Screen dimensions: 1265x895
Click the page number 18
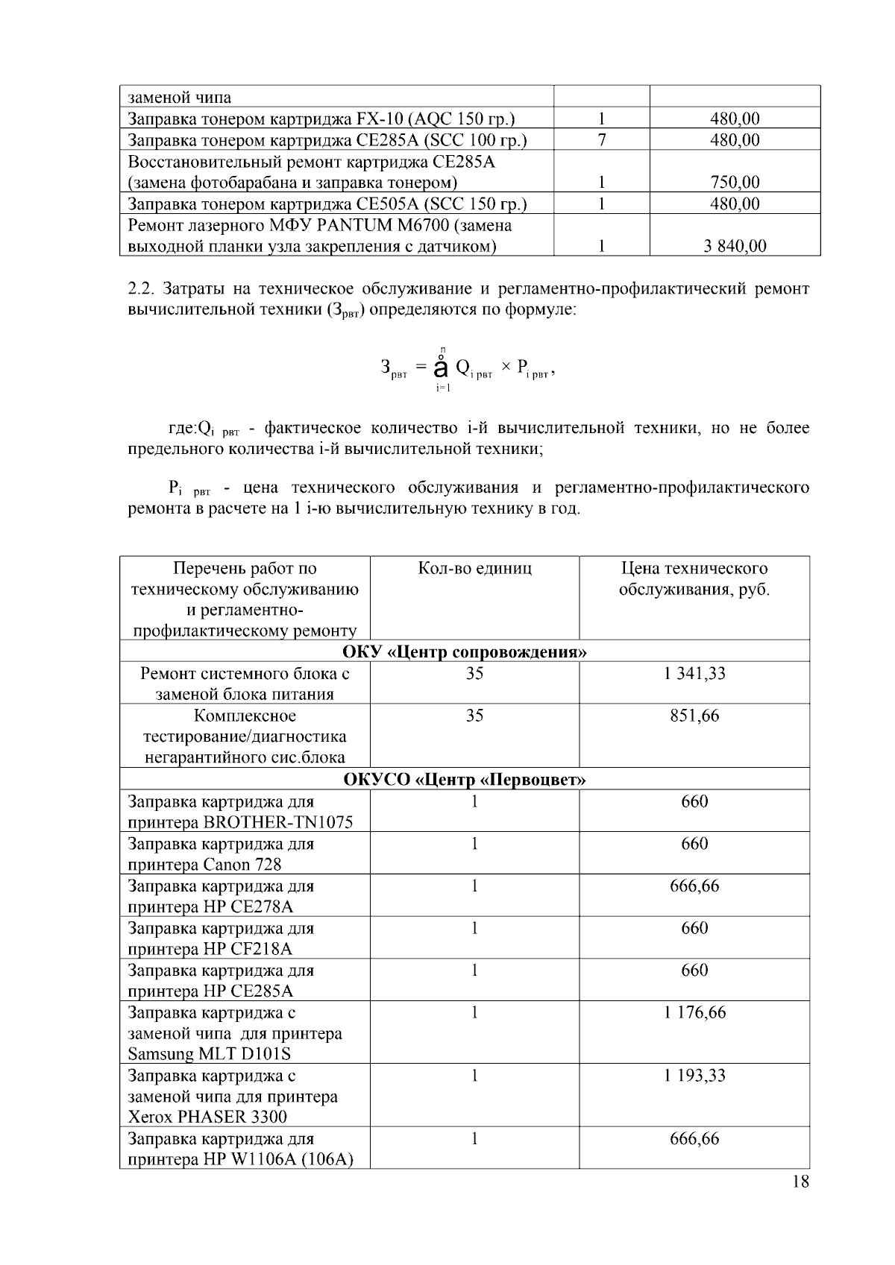point(800,1182)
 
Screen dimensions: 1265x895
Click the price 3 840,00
point(735,247)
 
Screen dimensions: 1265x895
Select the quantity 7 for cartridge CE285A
point(601,140)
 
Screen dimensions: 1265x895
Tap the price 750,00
point(735,183)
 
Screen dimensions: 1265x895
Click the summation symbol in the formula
point(441,367)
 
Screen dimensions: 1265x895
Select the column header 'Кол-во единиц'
point(474,569)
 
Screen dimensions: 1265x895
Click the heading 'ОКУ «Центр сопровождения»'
point(465,652)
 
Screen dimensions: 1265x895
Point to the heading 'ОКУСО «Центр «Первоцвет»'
point(465,780)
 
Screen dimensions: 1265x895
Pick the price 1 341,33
point(694,674)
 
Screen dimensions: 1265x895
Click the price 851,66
point(694,716)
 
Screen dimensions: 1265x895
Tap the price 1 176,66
point(694,1012)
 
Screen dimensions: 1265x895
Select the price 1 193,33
point(694,1076)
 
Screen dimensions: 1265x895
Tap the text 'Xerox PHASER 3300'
point(207,1117)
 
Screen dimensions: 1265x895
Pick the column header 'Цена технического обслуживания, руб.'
point(694,579)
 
